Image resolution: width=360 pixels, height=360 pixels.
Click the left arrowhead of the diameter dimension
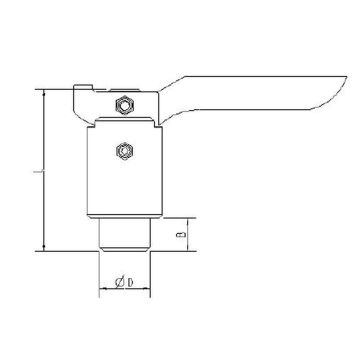pos(103,291)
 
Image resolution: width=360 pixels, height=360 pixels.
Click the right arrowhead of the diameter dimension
pos(147,291)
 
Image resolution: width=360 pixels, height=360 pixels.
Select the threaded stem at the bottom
pos(125,235)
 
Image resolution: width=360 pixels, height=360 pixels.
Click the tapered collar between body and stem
pos(125,218)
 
